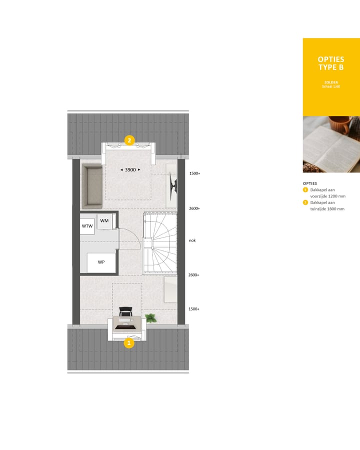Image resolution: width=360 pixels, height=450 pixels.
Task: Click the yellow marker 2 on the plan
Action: point(129,140)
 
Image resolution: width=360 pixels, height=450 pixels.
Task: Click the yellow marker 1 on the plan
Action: point(129,343)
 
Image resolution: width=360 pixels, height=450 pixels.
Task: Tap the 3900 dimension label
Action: point(130,170)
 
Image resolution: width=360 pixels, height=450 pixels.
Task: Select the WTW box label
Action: point(87,226)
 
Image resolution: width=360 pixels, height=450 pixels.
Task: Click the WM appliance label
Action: point(104,220)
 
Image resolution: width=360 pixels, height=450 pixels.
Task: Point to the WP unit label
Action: point(101,262)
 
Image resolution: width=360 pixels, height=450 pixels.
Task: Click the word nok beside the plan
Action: point(192,240)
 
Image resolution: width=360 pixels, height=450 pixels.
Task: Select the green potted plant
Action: point(150,317)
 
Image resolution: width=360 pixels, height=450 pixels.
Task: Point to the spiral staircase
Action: point(160,242)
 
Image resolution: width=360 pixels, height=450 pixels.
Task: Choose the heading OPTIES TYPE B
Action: point(331,63)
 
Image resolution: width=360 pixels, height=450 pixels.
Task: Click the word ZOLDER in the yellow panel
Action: point(331,82)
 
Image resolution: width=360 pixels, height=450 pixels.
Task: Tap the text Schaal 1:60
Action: point(331,87)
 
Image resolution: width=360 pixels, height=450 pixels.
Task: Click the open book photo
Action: point(331,144)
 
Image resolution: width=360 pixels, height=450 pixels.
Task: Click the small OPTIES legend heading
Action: point(310,183)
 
